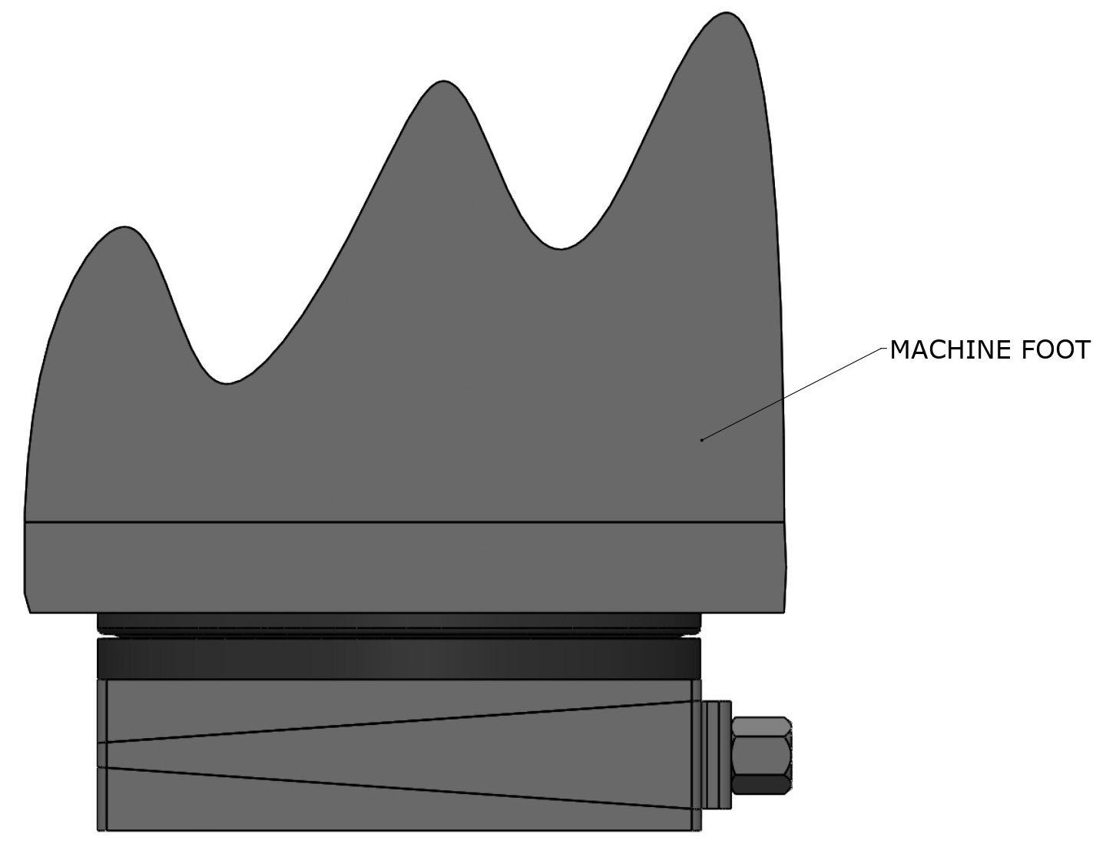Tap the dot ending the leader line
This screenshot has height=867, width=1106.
[701, 440]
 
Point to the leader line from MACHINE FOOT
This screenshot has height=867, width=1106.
[791, 394]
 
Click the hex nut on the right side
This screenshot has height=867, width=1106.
[761, 756]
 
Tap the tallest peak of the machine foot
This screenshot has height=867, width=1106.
[727, 15]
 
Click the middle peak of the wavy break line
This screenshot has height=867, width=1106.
[443, 82]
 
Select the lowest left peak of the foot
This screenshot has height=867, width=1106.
[125, 228]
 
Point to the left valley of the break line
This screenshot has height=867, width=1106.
[224, 382]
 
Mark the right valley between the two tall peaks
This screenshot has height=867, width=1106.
[561, 247]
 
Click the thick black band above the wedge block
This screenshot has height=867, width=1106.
[399, 658]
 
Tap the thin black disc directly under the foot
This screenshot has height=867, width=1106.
[399, 620]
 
